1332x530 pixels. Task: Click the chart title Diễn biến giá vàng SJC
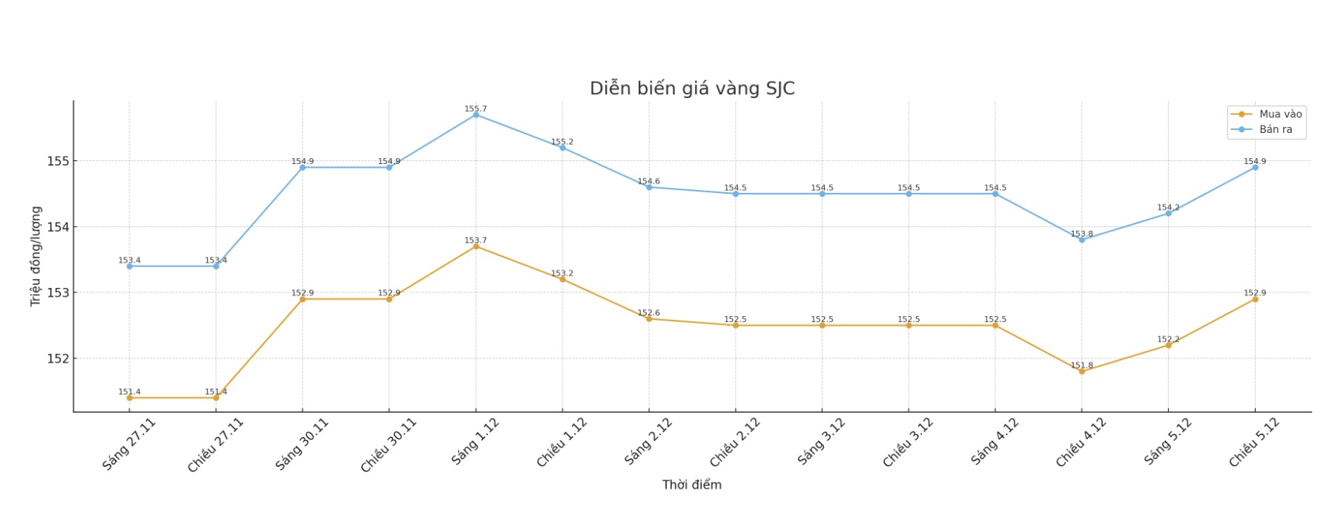point(691,88)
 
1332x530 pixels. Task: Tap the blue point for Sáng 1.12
point(475,114)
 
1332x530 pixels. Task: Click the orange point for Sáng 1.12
point(475,246)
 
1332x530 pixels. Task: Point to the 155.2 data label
point(561,142)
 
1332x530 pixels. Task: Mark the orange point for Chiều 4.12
point(1081,371)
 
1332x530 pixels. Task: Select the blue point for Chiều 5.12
point(1255,168)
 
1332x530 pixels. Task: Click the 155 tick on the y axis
point(58,161)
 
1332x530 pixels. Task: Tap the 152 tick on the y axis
point(58,359)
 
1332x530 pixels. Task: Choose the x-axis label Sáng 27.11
point(128,444)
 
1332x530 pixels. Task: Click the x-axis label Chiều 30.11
point(388,445)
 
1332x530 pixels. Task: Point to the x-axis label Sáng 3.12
point(821,442)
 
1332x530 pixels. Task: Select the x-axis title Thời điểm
point(691,485)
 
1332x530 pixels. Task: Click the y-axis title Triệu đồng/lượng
point(36,256)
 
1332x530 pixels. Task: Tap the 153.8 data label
point(1081,234)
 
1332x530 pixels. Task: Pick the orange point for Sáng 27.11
point(129,398)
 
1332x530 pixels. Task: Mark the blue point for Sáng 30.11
point(303,168)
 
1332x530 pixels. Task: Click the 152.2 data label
point(1168,339)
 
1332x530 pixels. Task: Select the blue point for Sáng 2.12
point(649,187)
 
